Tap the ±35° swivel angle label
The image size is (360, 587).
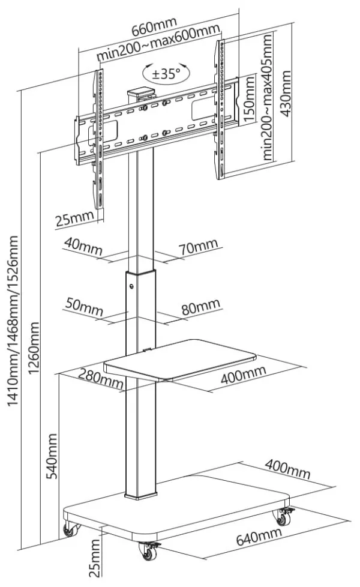point(166,74)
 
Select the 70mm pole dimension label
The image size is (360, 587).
point(197,245)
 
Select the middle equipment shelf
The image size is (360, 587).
point(180,359)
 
